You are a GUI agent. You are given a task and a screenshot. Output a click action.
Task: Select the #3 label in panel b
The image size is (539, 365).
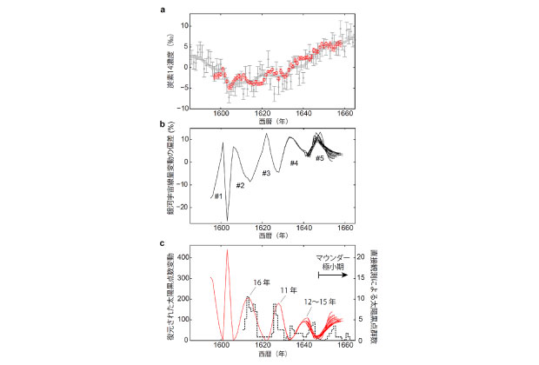267,173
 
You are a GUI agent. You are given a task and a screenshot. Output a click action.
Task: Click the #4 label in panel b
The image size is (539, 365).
294,163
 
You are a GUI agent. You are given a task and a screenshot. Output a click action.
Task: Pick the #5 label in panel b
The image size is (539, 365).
319,157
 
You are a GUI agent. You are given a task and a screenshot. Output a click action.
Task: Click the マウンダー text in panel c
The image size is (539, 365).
331,258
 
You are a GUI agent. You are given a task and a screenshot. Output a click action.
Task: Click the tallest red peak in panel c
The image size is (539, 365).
227,251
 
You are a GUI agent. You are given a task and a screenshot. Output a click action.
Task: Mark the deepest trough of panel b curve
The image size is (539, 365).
228,221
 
